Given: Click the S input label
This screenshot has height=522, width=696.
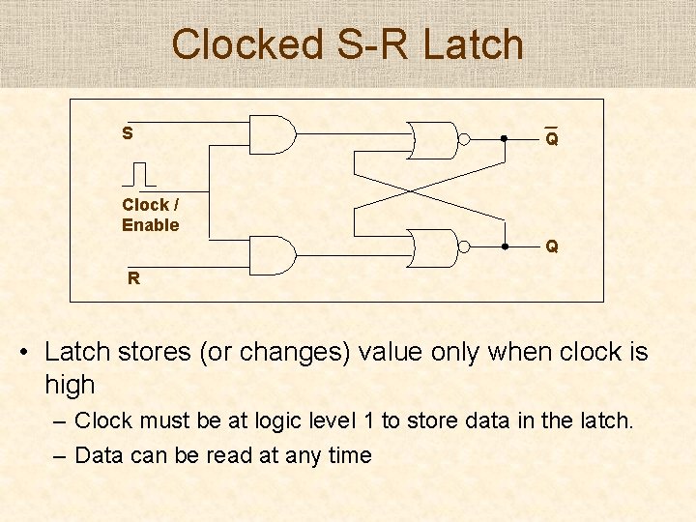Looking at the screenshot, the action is [x=128, y=132].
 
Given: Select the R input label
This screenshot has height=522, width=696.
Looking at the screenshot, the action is [x=134, y=278].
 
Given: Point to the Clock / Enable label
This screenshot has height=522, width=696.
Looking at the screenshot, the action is [x=151, y=215].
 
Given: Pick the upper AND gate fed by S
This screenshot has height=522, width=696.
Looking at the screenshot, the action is [x=272, y=135].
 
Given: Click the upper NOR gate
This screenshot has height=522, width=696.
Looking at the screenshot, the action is [x=431, y=139].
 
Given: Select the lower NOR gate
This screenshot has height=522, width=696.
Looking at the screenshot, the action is [x=431, y=247].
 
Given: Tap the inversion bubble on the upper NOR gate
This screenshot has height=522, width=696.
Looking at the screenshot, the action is [x=464, y=139].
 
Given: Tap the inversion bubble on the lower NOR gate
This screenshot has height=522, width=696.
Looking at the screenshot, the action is [x=464, y=247].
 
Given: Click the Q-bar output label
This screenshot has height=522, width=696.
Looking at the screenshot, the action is [x=551, y=138].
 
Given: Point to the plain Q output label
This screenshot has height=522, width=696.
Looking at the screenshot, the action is [x=551, y=246].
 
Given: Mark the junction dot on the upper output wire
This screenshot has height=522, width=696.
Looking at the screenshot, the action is [x=505, y=139].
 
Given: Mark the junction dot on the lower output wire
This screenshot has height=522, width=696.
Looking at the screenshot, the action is [x=505, y=247].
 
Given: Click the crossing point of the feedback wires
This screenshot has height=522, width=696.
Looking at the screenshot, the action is [x=429, y=193].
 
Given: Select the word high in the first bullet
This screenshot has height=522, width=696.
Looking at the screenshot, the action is [x=70, y=385].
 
